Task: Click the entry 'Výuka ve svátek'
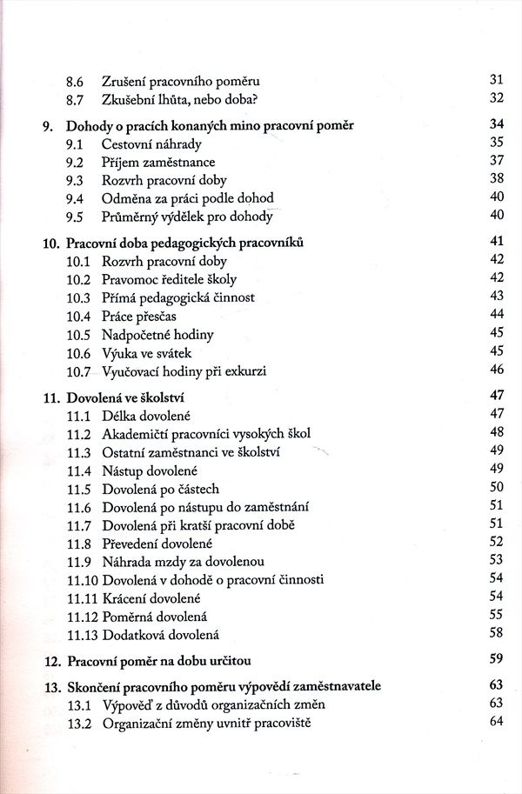147,351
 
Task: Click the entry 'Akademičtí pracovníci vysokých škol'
206,433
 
